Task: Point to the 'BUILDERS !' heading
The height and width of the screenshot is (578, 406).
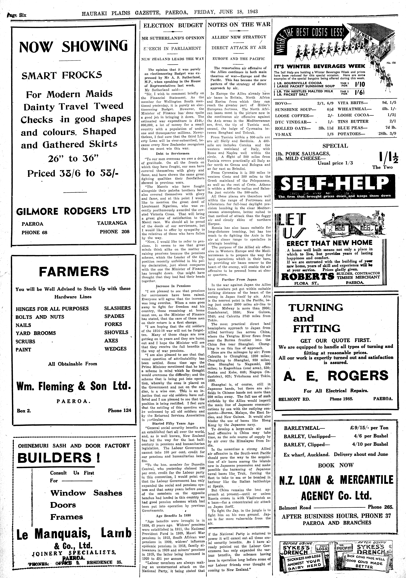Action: coord(59,457)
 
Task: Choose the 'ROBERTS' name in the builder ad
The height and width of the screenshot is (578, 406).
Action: coord(307,277)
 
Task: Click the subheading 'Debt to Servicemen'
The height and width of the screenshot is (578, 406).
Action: coord(173,153)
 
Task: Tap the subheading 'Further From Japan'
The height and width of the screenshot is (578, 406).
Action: coord(239,279)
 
